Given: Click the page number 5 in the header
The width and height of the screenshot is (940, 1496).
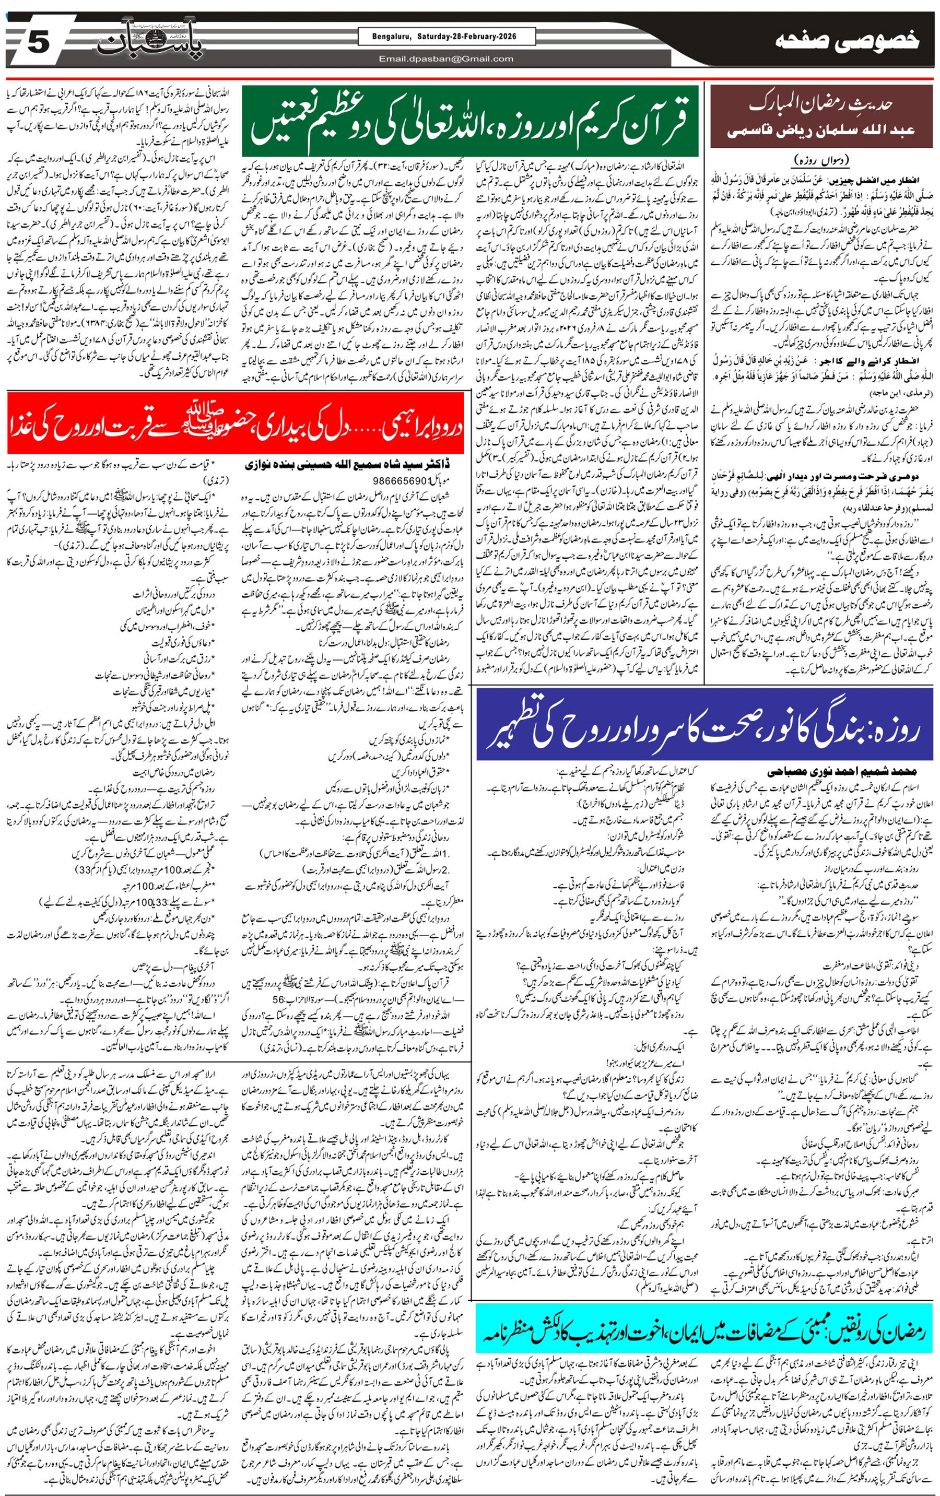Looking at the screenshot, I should pyautogui.click(x=37, y=43).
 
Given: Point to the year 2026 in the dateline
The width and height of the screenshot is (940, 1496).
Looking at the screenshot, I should pyautogui.click(x=507, y=37).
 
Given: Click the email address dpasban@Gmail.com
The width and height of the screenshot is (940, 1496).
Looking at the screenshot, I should pyautogui.click(x=446, y=59).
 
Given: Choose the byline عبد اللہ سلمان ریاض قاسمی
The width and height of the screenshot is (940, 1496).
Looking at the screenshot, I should pyautogui.click(x=820, y=131).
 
